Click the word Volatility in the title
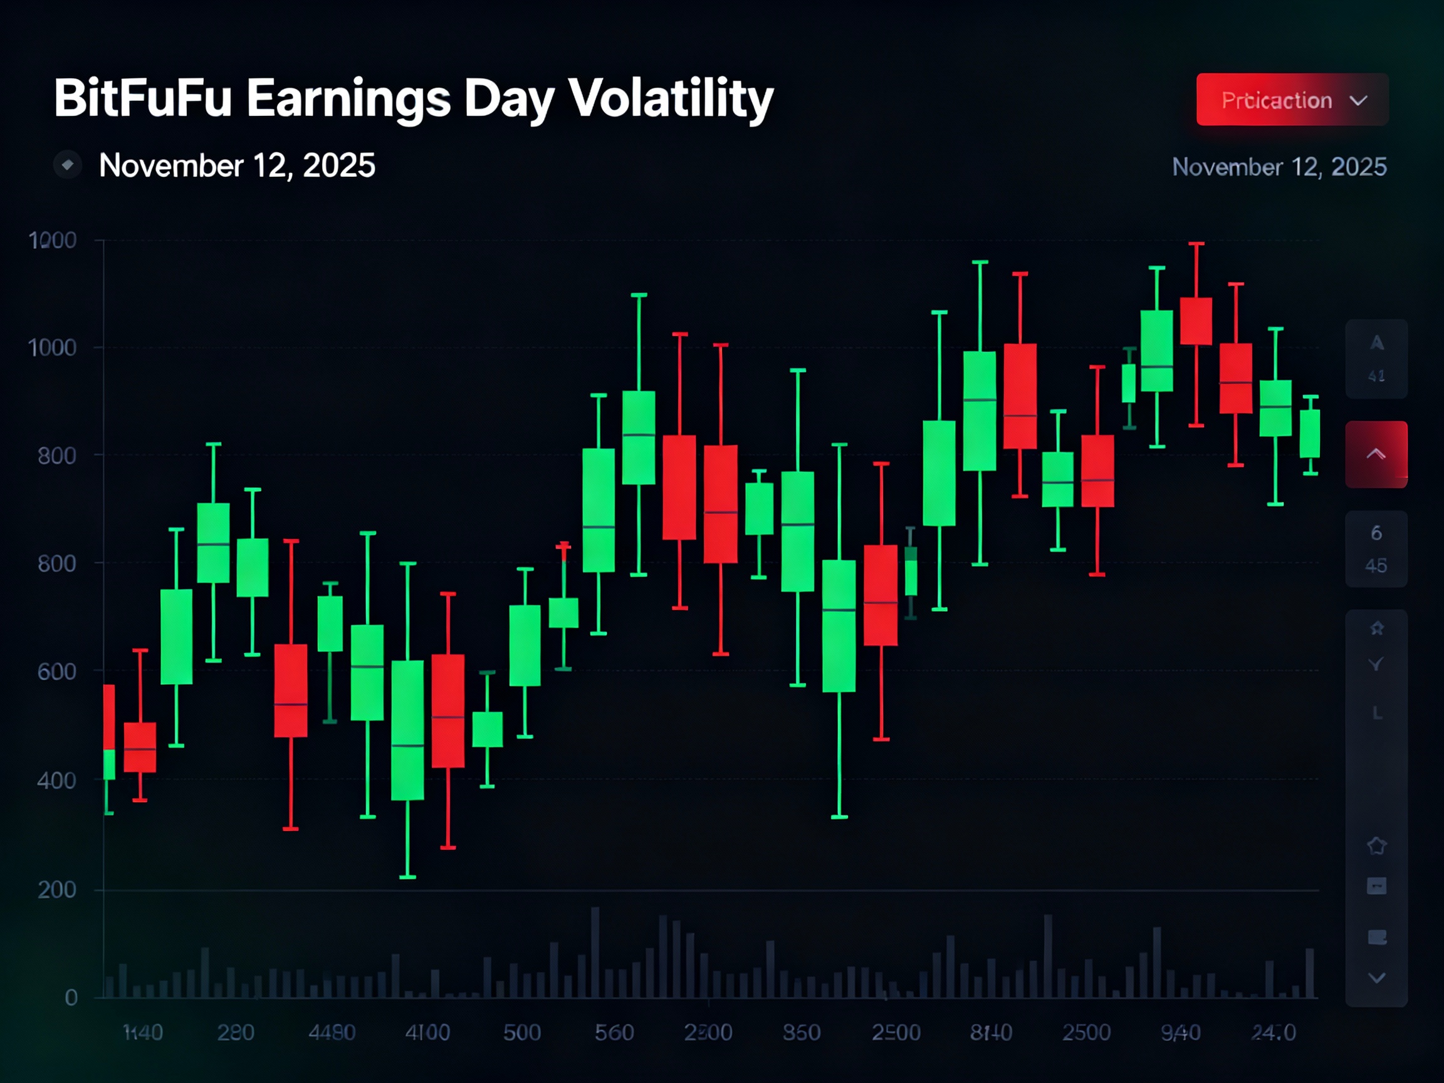(x=671, y=99)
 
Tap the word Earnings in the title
(x=348, y=99)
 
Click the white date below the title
(x=237, y=165)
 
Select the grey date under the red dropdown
(x=1279, y=167)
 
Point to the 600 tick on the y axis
(x=57, y=672)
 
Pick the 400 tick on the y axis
(x=57, y=780)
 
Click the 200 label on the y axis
(x=57, y=890)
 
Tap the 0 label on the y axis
(x=71, y=998)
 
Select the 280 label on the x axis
(x=236, y=1033)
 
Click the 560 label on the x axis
(x=614, y=1033)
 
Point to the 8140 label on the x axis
(x=991, y=1033)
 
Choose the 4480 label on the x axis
(x=332, y=1033)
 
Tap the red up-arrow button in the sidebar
(x=1376, y=454)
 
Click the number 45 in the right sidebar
(x=1376, y=565)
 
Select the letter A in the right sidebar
(x=1377, y=343)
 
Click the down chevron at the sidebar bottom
(x=1377, y=978)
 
